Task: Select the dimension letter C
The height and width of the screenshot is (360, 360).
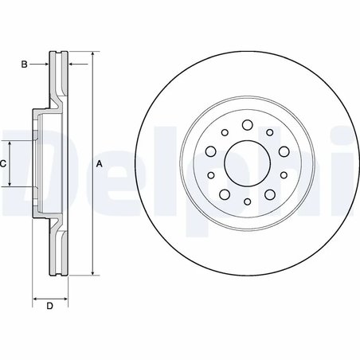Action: click(3, 163)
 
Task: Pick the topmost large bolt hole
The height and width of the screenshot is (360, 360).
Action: click(245, 125)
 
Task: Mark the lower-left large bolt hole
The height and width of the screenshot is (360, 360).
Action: click(223, 194)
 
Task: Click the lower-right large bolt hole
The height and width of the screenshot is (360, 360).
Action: click(268, 194)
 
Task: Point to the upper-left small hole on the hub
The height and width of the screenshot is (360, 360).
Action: click(225, 133)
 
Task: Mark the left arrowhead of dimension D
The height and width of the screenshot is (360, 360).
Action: click(35, 299)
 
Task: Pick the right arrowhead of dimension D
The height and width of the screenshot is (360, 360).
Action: click(64, 299)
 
